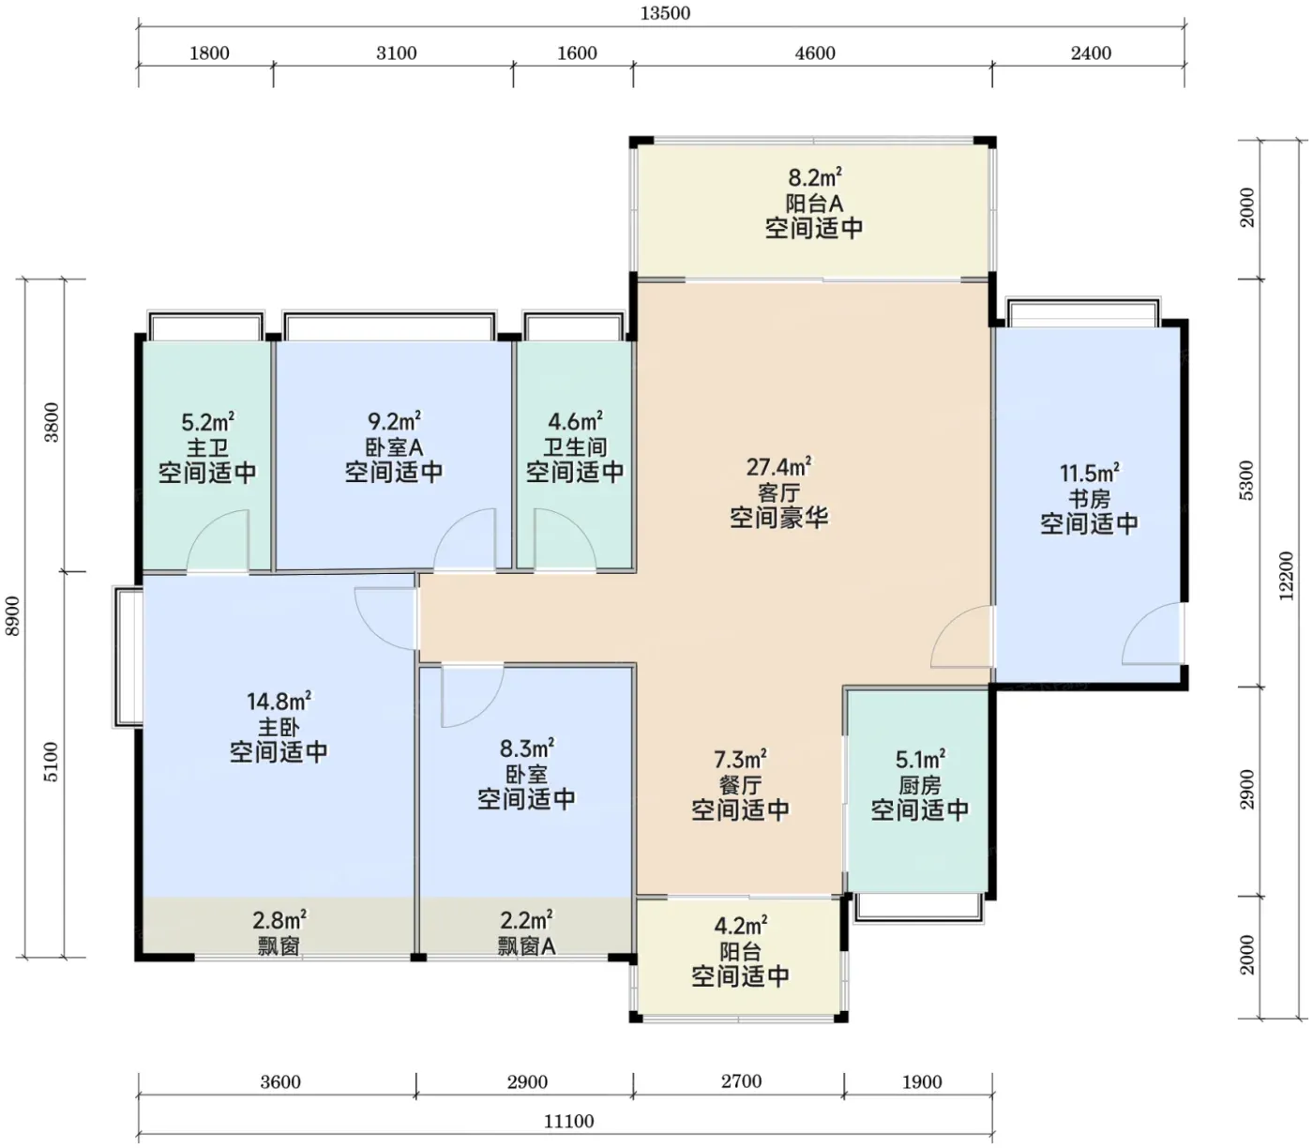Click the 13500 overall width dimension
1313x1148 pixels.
(665, 13)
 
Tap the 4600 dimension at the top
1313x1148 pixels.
(815, 53)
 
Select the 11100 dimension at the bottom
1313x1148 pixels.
(568, 1121)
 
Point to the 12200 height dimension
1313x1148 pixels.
(1286, 576)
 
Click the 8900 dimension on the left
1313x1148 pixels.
(13, 616)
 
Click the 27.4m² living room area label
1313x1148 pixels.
(778, 467)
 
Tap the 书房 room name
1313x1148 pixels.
(1089, 499)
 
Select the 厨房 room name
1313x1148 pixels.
(919, 785)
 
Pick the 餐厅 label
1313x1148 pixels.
(740, 785)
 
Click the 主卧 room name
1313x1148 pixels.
(279, 727)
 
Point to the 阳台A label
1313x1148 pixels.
(814, 204)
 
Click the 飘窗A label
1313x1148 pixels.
(527, 946)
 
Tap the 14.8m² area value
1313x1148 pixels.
(279, 701)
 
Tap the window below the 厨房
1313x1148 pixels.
(918, 908)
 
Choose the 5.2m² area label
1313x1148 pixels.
(207, 422)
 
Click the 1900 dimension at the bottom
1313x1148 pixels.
(922, 1082)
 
